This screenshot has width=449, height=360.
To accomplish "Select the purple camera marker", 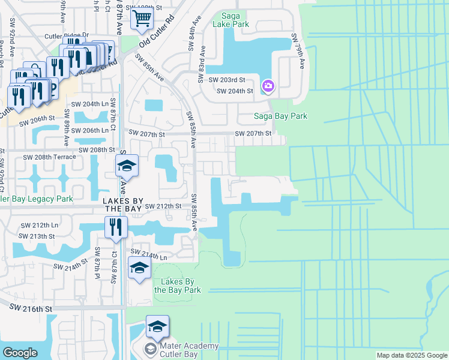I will (268, 86).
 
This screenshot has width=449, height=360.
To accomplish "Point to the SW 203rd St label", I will (227, 80).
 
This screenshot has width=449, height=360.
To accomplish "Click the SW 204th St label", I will (235, 91).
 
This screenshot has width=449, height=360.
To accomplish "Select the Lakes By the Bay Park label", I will (177, 285).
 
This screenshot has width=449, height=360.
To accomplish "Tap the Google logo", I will (20, 352).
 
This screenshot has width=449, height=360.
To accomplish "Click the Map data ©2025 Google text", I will (411, 355).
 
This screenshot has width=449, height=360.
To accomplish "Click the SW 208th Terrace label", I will (49, 157).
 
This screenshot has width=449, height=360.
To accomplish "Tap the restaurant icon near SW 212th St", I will (115, 227).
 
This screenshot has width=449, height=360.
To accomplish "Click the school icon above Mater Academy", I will (157, 327).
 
